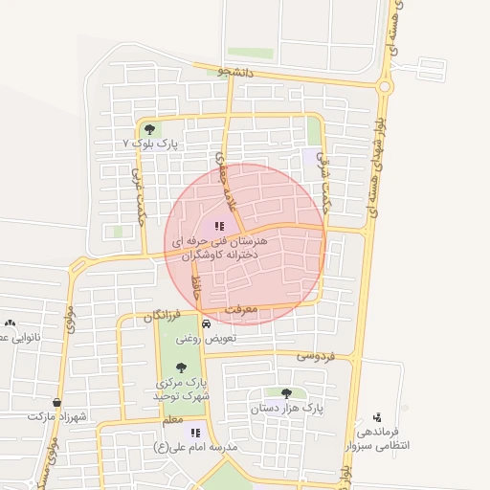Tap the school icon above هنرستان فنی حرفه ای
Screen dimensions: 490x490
[219, 227]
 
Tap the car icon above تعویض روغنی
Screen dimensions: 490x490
[192, 323]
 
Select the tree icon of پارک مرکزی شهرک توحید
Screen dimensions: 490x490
[182, 366]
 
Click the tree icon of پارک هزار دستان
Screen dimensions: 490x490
[286, 392]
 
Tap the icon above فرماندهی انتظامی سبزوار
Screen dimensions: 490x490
[378, 416]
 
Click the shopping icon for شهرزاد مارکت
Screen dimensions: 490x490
[57, 403]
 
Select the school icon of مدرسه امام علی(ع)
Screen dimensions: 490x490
[195, 433]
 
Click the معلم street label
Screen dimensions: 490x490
[173, 420]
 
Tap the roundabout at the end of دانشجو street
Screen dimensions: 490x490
[385, 87]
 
